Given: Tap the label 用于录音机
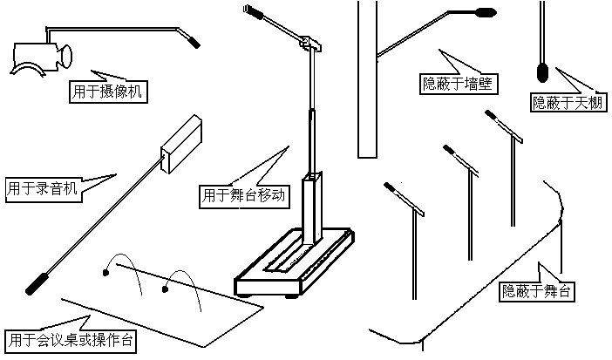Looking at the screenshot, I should (42, 187).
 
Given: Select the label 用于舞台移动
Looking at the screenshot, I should (243, 195).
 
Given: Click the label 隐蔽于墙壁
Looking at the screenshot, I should (458, 84).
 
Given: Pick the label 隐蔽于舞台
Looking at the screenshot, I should (537, 291).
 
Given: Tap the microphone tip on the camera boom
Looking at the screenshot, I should (193, 40).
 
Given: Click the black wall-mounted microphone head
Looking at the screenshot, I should (485, 12).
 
